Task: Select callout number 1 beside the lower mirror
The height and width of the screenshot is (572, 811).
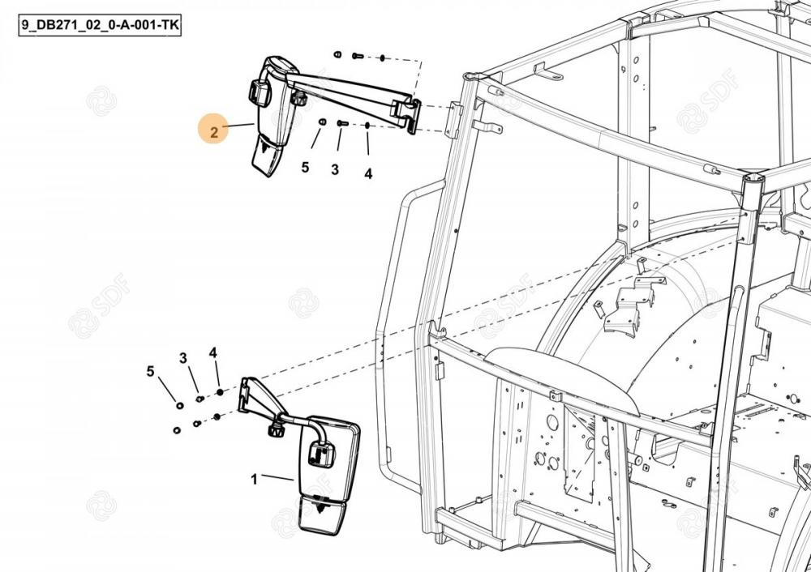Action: [254, 479]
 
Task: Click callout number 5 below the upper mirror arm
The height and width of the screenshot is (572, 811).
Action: [305, 168]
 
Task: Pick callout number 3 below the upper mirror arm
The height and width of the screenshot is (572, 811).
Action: [334, 170]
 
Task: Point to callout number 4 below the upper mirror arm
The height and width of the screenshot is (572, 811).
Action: [368, 173]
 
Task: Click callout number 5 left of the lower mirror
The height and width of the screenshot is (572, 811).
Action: [150, 371]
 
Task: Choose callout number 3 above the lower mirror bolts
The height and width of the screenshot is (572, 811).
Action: [183, 357]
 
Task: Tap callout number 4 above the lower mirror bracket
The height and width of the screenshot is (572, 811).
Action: [213, 352]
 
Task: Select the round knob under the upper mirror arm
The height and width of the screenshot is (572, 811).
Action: [299, 100]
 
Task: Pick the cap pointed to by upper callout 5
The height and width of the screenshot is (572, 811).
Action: [321, 122]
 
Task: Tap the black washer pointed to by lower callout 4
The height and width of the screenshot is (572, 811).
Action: [219, 393]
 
